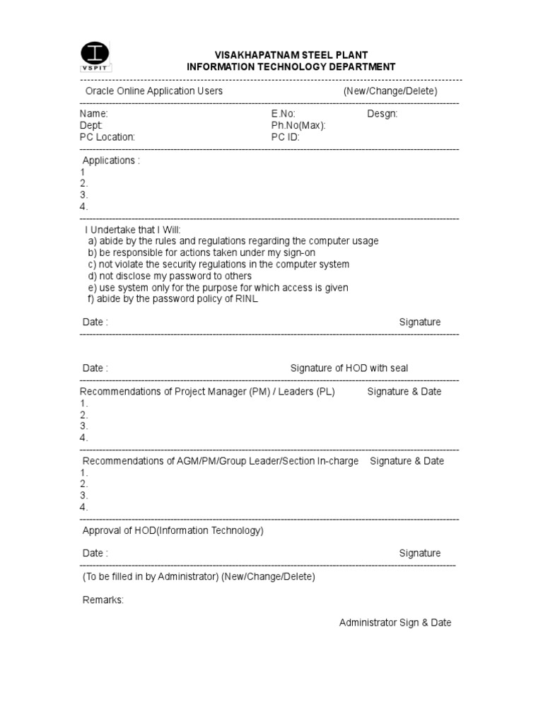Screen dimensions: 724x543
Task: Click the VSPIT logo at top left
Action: point(96,57)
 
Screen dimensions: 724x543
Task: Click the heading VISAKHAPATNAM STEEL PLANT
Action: point(291,55)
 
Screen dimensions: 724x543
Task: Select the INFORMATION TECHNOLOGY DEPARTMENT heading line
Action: point(291,67)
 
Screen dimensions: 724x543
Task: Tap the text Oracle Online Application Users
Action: point(154,91)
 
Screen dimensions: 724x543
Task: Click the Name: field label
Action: point(94,114)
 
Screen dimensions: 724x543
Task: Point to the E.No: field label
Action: point(283,114)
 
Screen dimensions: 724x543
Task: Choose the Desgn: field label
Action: point(383,114)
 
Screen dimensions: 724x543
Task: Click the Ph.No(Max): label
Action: point(298,125)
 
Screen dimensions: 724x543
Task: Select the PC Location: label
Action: point(107,137)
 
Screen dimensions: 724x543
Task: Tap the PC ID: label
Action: point(286,137)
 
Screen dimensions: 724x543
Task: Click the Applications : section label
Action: point(111,160)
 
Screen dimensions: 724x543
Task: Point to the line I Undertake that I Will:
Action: point(133,230)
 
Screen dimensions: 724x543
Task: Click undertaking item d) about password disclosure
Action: point(170,276)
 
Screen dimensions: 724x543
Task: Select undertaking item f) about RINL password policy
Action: point(174,299)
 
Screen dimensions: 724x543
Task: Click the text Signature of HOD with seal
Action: point(349,368)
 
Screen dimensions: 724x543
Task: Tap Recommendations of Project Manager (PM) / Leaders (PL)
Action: point(207,392)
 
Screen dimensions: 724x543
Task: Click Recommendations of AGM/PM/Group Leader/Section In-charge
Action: point(219,461)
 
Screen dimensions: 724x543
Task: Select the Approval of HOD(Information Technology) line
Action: point(173,530)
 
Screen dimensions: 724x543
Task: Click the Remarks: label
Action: point(103,600)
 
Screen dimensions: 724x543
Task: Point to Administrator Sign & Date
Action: point(395,623)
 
